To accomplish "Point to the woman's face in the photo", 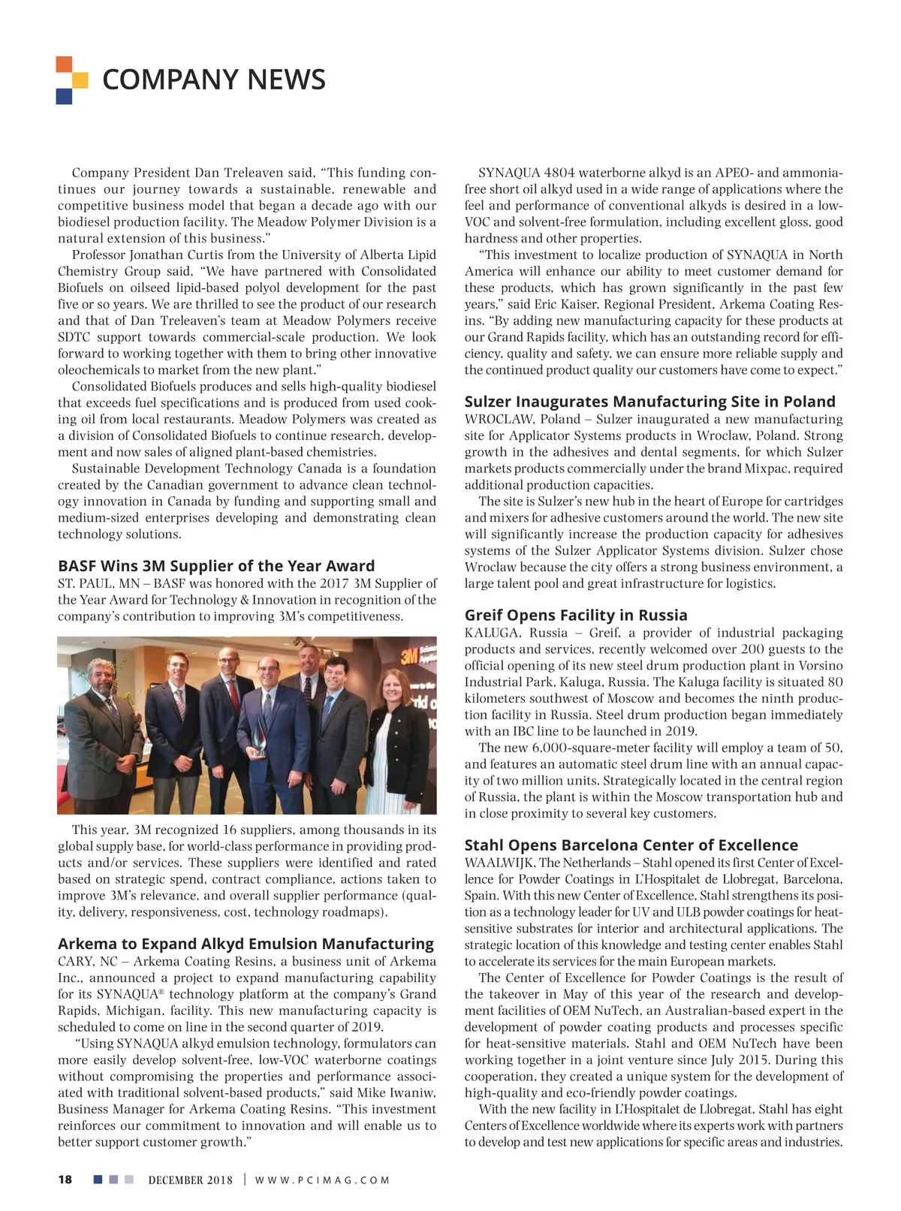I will point(393,686).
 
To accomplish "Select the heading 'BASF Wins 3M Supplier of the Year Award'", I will point(216,566).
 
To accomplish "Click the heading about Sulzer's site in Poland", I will point(649,402).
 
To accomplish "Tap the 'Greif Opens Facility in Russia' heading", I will point(576,616).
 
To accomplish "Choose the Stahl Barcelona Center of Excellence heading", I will point(631,845).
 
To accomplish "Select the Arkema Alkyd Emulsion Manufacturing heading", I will point(246,944).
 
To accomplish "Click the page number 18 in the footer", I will point(65,1179).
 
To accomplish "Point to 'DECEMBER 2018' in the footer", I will point(191,1180).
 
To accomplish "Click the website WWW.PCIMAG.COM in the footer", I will point(322,1180).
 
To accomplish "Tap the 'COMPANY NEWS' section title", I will point(214,80).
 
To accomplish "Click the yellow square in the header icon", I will point(80,80).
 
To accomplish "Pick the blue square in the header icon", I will point(64,96).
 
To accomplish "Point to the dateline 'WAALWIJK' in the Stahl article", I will point(499,863).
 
